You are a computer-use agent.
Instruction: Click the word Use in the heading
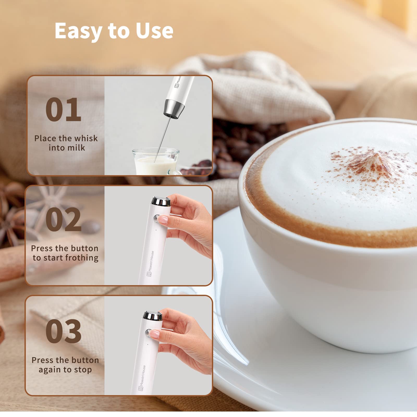point(154,31)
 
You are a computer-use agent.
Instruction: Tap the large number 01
point(63,109)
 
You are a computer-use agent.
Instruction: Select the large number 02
point(63,219)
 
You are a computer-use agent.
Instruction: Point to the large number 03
point(63,331)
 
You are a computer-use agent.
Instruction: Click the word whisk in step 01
point(85,138)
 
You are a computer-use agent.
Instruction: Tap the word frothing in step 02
point(82,258)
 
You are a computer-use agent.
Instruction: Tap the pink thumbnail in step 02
point(163,219)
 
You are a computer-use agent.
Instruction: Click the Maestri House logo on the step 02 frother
point(151,263)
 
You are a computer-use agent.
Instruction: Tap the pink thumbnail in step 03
point(155,333)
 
